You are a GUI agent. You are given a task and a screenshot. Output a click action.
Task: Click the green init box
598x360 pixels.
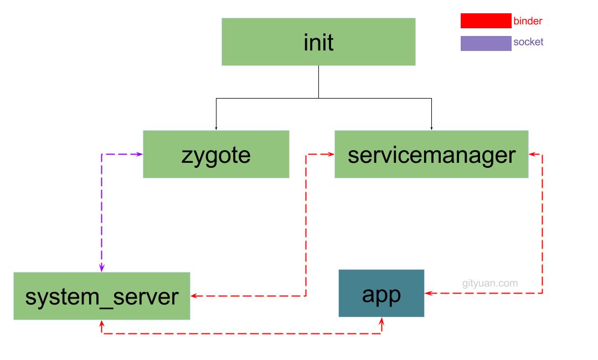(x=318, y=42)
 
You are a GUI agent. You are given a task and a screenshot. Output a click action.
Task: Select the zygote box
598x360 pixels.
(x=216, y=154)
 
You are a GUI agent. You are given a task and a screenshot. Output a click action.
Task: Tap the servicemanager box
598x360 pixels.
(x=431, y=154)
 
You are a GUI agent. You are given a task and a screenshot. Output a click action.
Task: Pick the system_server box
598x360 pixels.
(x=102, y=296)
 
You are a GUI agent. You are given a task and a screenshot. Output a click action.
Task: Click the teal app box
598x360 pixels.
(x=382, y=293)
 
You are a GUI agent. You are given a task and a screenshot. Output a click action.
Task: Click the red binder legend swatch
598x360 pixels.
(x=486, y=21)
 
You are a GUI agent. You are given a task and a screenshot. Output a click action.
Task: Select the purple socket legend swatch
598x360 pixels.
(x=486, y=43)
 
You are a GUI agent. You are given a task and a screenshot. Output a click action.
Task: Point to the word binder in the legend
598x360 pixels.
(x=528, y=21)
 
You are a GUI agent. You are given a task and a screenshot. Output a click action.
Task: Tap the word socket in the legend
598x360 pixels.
(x=528, y=42)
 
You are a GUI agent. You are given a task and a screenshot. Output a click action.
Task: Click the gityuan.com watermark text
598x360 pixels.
(x=490, y=284)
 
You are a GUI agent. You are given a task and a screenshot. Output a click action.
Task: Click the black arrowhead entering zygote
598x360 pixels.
(x=216, y=128)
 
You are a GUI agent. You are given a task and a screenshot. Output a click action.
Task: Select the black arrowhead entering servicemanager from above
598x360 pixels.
(x=431, y=128)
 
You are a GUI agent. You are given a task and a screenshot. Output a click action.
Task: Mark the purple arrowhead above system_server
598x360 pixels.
(x=102, y=268)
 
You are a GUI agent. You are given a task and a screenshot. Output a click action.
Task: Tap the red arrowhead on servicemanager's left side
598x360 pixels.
(x=331, y=154)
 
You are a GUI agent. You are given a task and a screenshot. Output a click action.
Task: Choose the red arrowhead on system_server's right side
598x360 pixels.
(x=194, y=296)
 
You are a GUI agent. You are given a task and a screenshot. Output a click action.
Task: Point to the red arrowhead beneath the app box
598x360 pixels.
(x=382, y=321)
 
